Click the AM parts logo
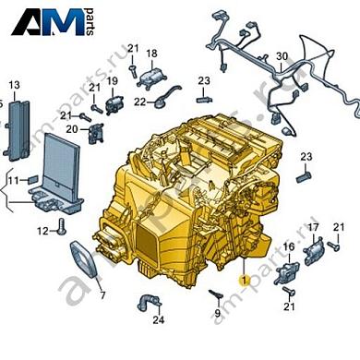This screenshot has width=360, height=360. pos(53,21)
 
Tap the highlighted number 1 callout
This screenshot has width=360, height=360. pos(245,281)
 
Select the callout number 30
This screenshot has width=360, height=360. pos(282,56)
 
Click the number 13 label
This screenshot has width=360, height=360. pos(14,85)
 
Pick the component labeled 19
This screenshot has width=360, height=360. pos(114,104)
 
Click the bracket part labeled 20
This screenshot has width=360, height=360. pos(96,134)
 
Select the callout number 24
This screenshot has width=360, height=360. pos(159,320)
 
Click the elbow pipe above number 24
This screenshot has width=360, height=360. pos(150,303)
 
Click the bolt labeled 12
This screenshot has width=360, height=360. pos(62,227)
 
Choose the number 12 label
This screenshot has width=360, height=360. pos(42,231)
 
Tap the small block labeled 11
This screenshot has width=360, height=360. pos(33,180)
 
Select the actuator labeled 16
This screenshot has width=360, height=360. pos(286,272)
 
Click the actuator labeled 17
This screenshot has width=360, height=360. pos(314,250)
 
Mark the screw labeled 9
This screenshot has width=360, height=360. pos(216,294)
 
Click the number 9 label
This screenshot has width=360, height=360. pos(217,314)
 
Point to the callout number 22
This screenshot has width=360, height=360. pos(139,102)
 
